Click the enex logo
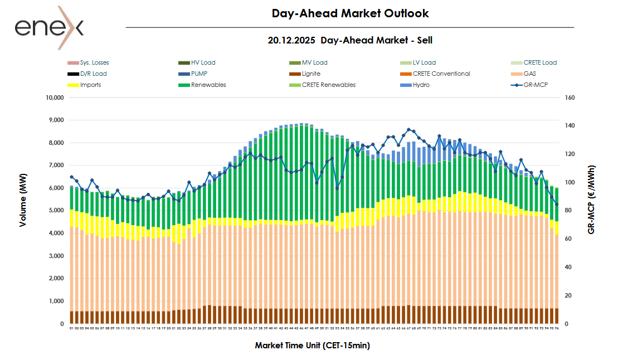point(49,27)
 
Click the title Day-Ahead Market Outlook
point(350,13)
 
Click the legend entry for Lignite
point(311,74)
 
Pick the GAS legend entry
point(529,74)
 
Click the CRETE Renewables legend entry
point(328,85)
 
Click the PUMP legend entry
point(199,74)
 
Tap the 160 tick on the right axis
point(570,98)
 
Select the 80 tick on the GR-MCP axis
point(568,211)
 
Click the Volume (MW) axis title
point(23,210)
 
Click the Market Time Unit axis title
point(312,346)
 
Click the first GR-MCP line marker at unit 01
point(71,177)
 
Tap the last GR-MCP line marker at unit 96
point(556,204)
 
